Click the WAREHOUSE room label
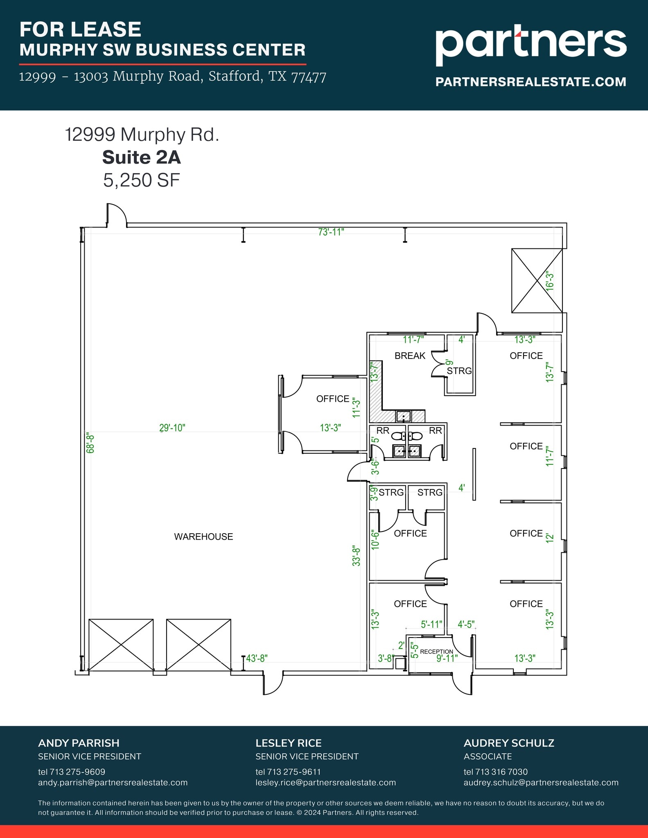pyautogui.click(x=203, y=536)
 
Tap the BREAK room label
pyautogui.click(x=410, y=356)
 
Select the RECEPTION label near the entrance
pyautogui.click(x=436, y=651)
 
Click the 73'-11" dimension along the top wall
pyautogui.click(x=331, y=232)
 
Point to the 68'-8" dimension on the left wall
pyautogui.click(x=90, y=443)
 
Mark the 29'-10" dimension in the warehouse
pyautogui.click(x=172, y=428)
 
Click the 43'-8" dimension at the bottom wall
pyautogui.click(x=257, y=658)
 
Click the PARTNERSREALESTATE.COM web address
pyautogui.click(x=531, y=82)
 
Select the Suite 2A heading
pyautogui.click(x=141, y=158)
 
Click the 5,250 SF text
pyautogui.click(x=141, y=180)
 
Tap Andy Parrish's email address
pyautogui.click(x=113, y=782)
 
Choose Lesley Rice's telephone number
pyautogui.click(x=288, y=772)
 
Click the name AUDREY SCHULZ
pyautogui.click(x=508, y=743)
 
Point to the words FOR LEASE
pyautogui.click(x=80, y=29)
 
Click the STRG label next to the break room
pyautogui.click(x=459, y=371)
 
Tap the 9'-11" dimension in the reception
pyautogui.click(x=447, y=658)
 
